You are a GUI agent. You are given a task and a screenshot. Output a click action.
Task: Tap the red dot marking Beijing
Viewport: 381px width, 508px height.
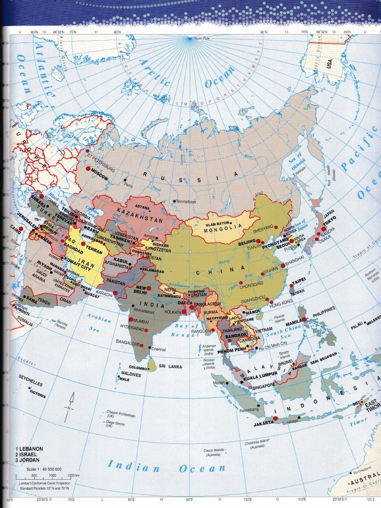tap(258, 241)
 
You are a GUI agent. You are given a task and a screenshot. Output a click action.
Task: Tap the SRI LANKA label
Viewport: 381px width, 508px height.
tap(171, 367)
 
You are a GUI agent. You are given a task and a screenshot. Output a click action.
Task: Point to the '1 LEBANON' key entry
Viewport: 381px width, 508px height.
tap(29, 448)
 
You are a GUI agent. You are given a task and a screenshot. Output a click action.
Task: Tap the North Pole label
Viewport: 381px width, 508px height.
tap(202, 38)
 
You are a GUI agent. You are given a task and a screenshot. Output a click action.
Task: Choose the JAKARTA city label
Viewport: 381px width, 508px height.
tap(263, 423)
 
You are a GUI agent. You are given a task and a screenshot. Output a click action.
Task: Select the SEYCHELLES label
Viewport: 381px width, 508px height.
tap(31, 381)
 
